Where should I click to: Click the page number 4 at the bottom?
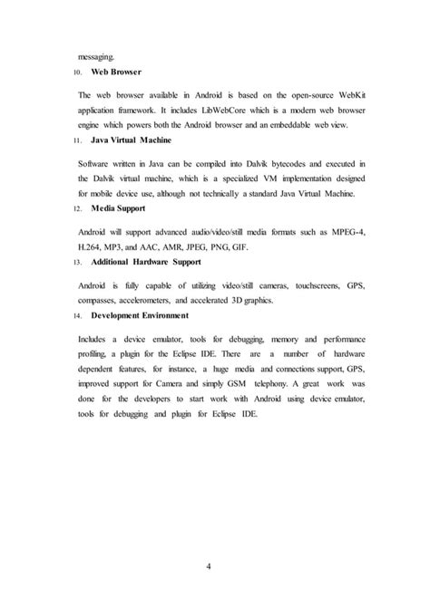(x=215, y=568)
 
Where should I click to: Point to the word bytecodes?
(x=277, y=163)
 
